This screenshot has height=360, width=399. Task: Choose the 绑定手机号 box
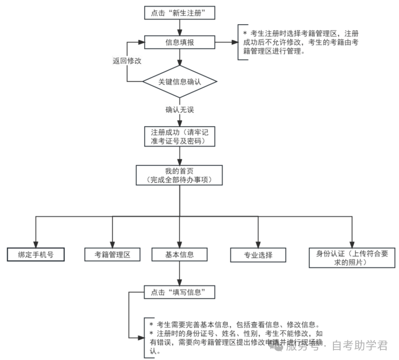(x=36, y=254)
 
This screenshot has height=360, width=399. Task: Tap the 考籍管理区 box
(x=113, y=254)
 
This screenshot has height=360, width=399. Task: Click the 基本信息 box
(x=179, y=254)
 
